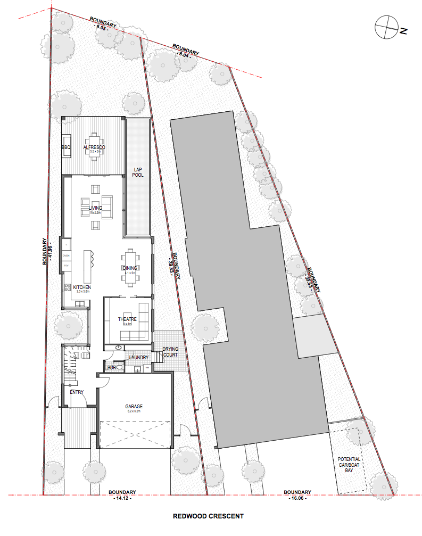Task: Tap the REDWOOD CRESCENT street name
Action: (x=208, y=516)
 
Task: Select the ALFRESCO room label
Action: (x=95, y=147)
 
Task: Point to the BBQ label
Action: (x=67, y=147)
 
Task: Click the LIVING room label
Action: (x=95, y=208)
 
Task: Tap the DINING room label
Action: (x=130, y=268)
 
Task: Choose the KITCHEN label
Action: (x=82, y=287)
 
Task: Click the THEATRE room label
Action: (x=127, y=319)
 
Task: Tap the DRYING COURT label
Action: (x=170, y=352)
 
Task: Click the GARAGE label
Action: (x=134, y=407)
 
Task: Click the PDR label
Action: (x=112, y=367)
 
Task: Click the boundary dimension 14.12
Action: (x=122, y=498)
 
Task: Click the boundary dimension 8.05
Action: (x=101, y=28)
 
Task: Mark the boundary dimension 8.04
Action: (x=183, y=54)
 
